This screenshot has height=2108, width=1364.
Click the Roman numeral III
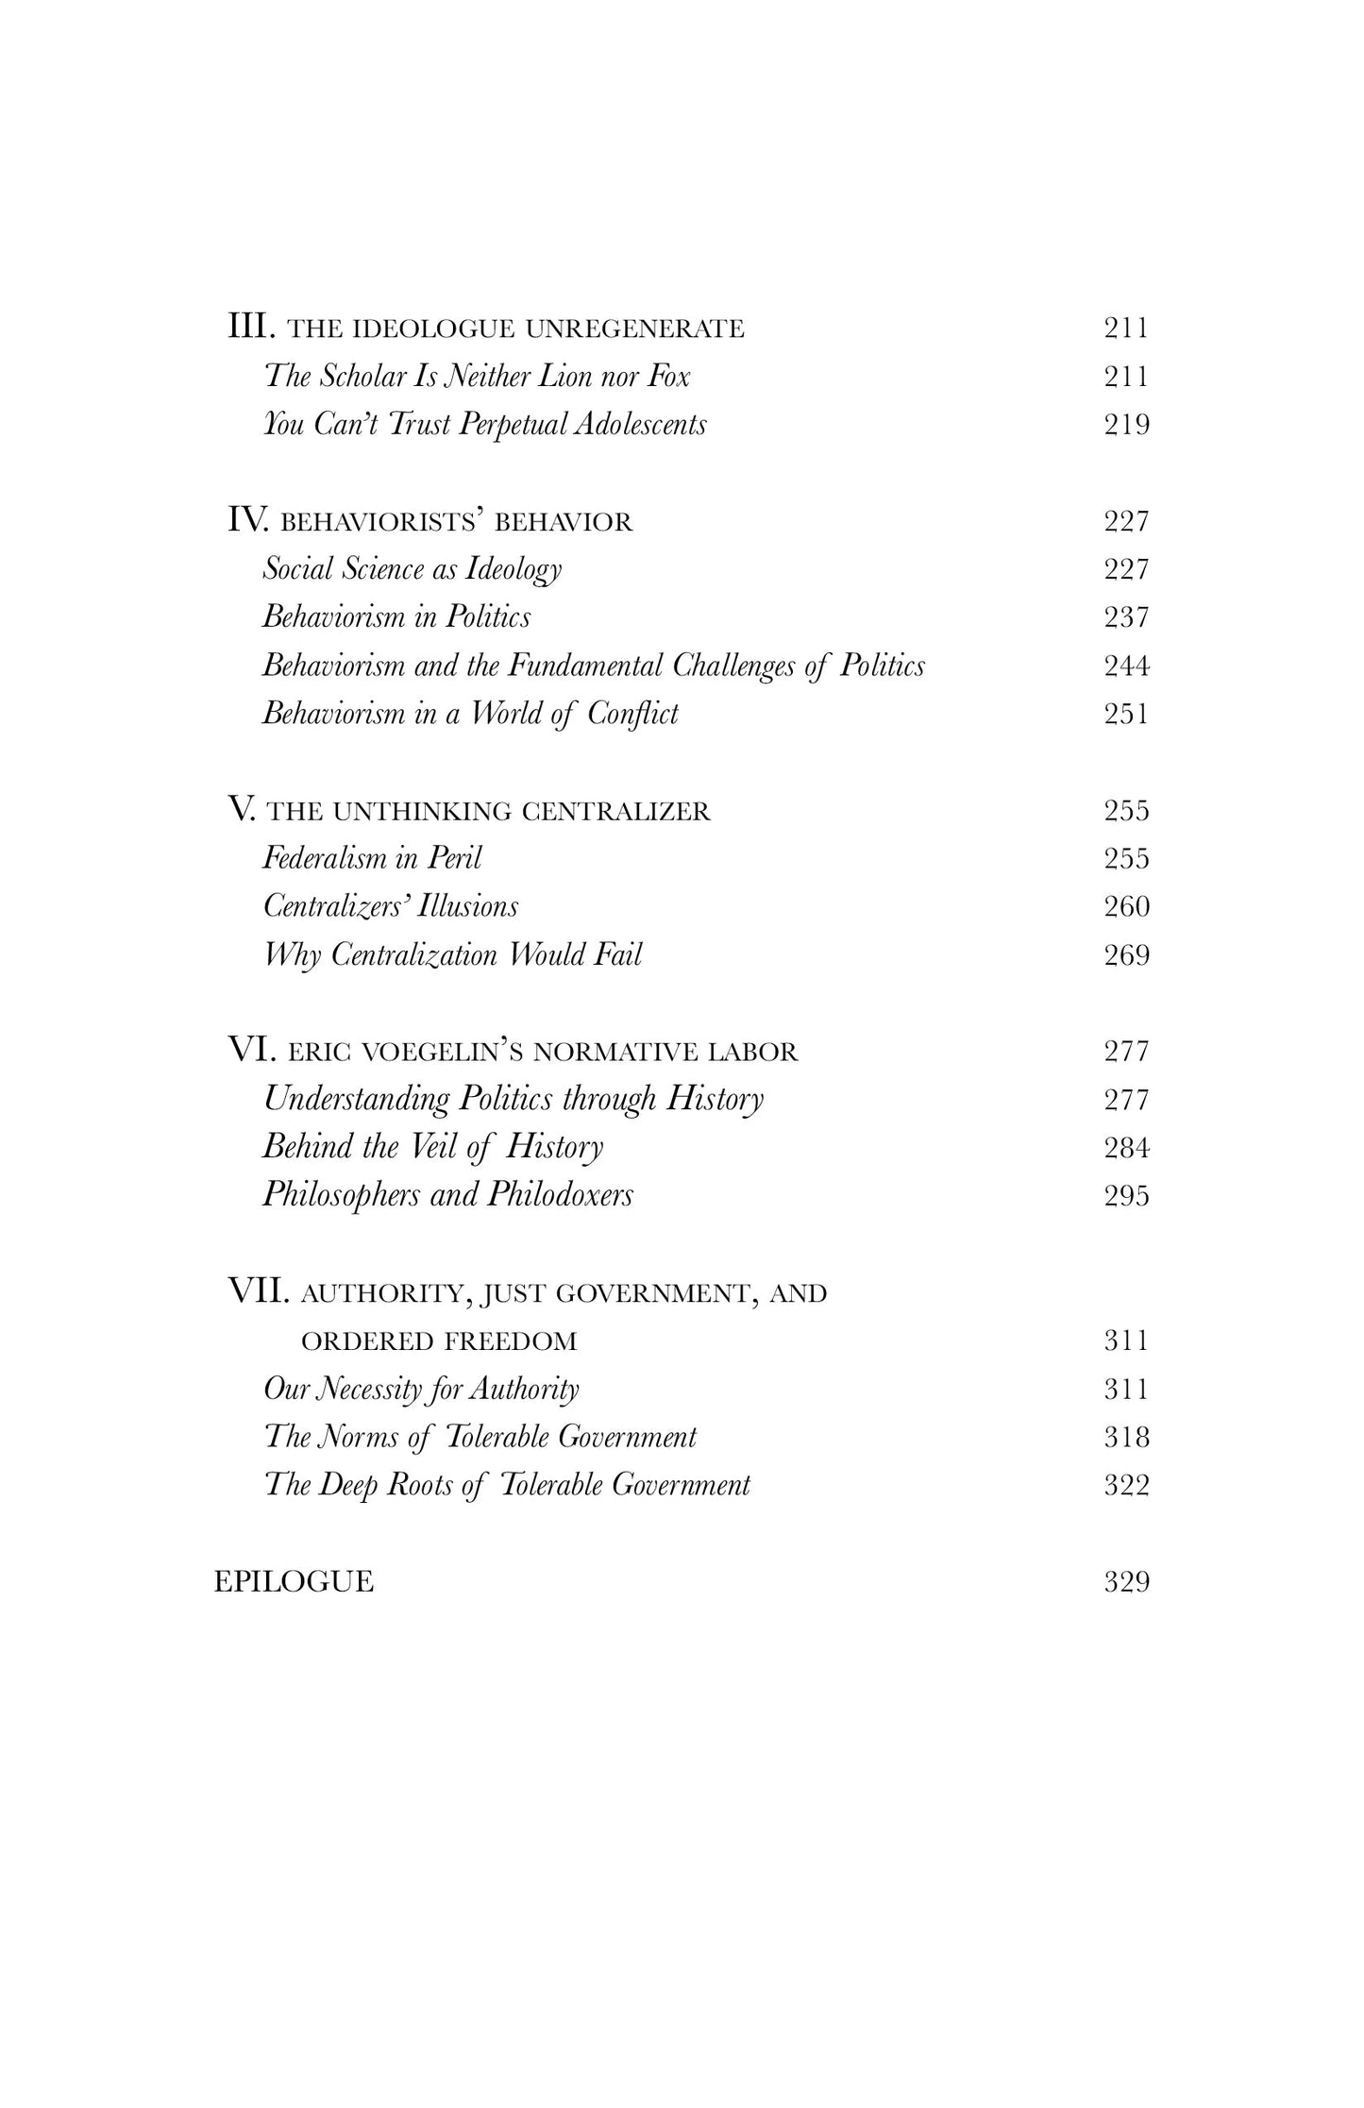click(252, 328)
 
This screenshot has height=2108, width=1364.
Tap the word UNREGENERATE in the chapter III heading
click(634, 329)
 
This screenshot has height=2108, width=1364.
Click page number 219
click(1127, 425)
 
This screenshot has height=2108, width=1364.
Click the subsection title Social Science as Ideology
click(412, 569)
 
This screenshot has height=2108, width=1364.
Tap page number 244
click(1127, 666)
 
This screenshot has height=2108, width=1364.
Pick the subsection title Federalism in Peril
click(372, 858)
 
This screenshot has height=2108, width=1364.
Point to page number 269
click(1127, 955)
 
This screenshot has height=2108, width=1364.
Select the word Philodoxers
click(560, 1195)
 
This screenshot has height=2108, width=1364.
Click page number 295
click(1127, 1196)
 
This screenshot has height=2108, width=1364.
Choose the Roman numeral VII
click(259, 1291)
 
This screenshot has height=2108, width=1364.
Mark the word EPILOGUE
click(294, 1581)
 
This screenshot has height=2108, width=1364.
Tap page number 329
click(1127, 1581)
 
